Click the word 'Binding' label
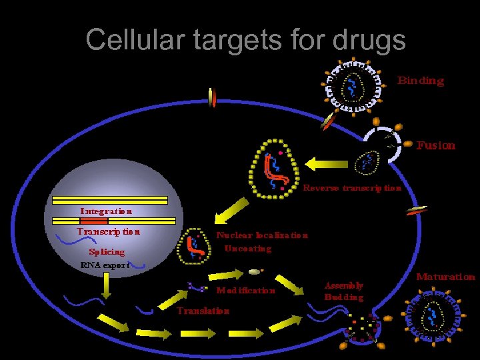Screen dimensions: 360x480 point(421,81)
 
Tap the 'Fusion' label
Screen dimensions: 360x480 point(436,145)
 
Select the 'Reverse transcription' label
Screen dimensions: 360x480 point(352,188)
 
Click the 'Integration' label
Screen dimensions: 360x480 point(106,211)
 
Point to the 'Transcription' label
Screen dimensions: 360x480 point(108,232)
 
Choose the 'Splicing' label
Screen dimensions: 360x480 point(107,252)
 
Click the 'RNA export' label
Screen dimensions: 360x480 point(104,265)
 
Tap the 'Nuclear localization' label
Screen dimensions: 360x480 point(262,235)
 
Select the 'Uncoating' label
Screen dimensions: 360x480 point(248,249)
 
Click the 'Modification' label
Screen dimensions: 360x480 point(245,290)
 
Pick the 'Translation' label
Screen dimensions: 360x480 point(203,311)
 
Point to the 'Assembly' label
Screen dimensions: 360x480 point(343,285)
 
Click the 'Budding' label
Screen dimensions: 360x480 point(343,297)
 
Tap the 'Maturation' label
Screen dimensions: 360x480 point(445,277)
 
